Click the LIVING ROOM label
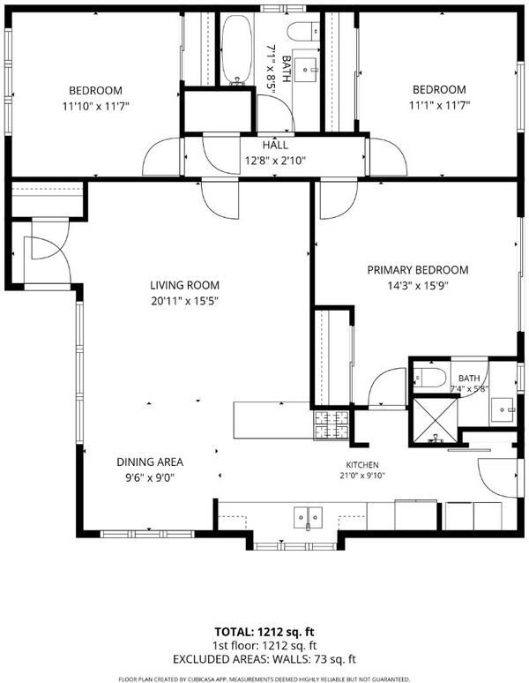(184, 285)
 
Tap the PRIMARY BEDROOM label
(418, 270)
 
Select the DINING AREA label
(150, 462)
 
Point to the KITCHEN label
(362, 465)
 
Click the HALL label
(275, 145)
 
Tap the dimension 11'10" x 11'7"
(96, 106)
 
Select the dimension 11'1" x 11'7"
(439, 105)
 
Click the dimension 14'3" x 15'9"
(418, 286)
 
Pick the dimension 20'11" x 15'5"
(184, 301)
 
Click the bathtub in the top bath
(236, 49)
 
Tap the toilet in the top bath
(303, 32)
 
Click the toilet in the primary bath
(430, 377)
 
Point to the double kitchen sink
(308, 517)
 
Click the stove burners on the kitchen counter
(331, 424)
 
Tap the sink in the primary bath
(503, 409)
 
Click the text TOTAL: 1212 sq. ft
(264, 632)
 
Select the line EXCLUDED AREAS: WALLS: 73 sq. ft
(264, 659)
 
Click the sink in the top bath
(306, 69)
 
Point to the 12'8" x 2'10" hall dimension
(275, 161)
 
